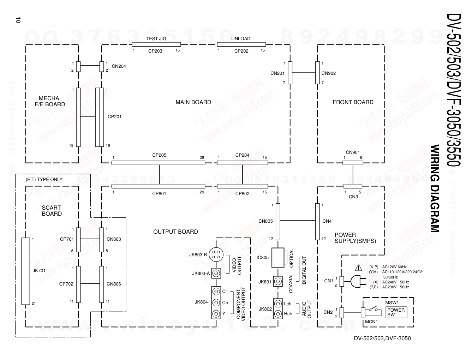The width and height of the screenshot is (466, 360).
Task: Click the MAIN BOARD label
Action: click(193, 102)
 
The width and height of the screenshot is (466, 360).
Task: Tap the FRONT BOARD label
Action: click(353, 102)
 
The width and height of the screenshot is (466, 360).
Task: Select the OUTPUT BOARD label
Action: click(175, 232)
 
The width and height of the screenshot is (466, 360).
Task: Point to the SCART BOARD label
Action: click(52, 211)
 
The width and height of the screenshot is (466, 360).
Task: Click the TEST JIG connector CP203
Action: click(156, 44)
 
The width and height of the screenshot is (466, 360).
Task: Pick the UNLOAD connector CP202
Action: click(241, 44)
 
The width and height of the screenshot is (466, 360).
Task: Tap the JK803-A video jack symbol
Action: click(216, 273)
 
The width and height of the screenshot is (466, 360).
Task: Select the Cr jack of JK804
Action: click(216, 292)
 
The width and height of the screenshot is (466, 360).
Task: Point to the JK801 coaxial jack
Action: click(278, 281)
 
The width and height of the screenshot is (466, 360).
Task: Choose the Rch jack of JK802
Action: click(278, 313)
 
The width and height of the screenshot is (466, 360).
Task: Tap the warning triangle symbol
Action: click(359, 267)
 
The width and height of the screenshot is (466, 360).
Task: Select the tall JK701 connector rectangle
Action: click(25, 271)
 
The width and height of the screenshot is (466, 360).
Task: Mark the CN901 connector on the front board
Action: click(353, 163)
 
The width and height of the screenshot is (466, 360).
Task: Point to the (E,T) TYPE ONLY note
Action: click(44, 179)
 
